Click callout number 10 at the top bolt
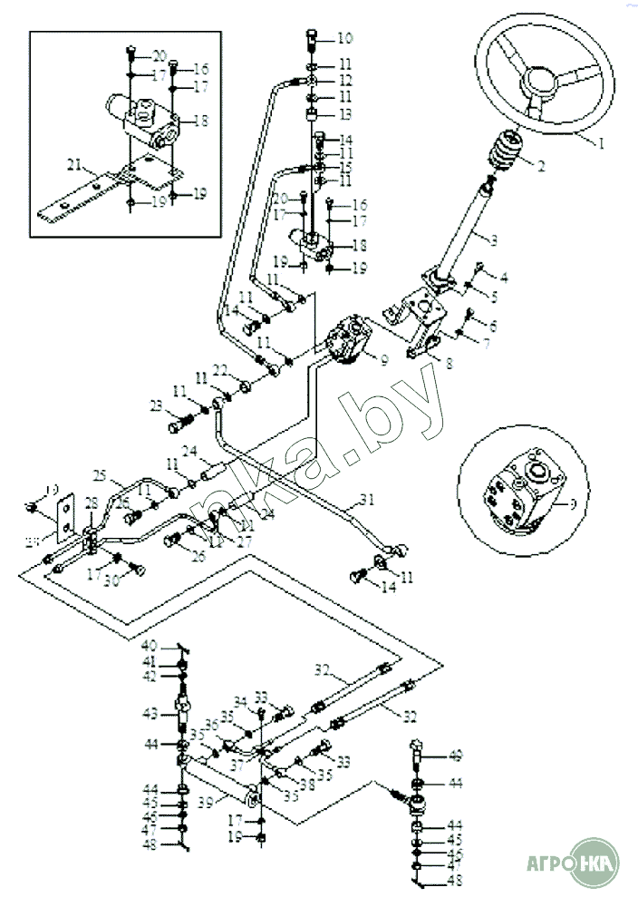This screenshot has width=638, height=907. coord(344,38)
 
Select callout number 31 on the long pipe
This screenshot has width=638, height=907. coord(366,498)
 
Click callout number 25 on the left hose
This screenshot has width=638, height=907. coord(101,475)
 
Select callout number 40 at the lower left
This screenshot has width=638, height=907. coord(148,647)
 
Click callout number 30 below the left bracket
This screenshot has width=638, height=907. coord(113,580)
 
